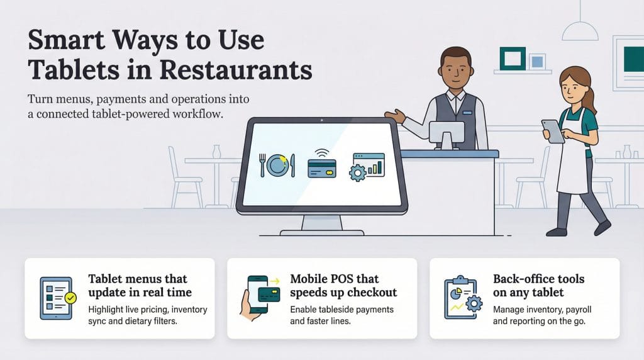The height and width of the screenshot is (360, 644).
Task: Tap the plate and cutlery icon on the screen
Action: (277, 166)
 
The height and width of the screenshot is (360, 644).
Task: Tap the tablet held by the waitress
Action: (552, 131)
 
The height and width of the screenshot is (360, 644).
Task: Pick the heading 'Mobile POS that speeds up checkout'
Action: (343, 285)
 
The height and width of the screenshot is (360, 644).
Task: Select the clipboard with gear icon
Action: (462, 296)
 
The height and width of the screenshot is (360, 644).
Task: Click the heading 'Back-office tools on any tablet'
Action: (538, 285)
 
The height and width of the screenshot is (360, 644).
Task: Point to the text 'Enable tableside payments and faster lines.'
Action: (341, 315)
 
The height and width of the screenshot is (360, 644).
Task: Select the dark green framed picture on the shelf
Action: (511, 59)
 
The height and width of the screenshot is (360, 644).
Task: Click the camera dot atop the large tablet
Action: (321, 119)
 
